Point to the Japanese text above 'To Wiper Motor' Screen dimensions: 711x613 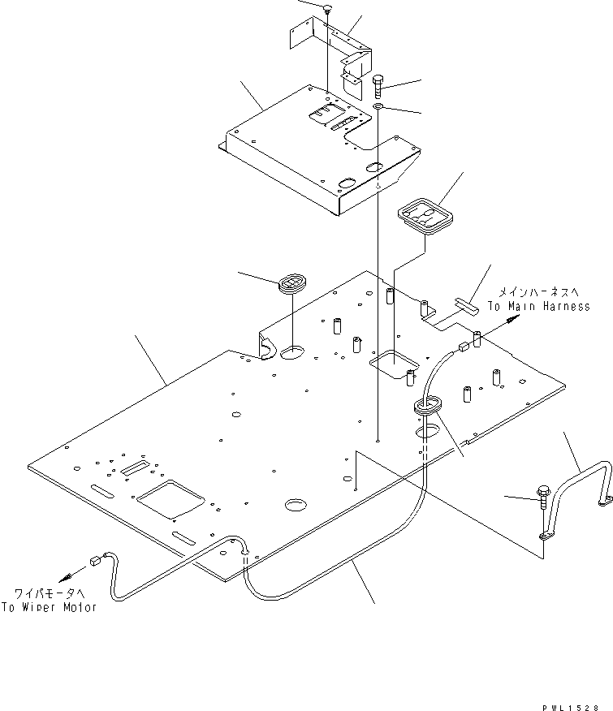pyautogui.click(x=50, y=593)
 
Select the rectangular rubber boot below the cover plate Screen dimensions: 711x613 pyautogui.click(x=425, y=218)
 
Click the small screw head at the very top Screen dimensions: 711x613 pyautogui.click(x=326, y=9)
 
